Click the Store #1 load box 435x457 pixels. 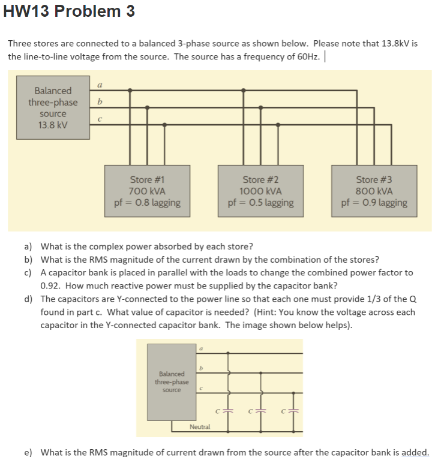point(147,190)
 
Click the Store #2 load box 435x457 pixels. point(260,190)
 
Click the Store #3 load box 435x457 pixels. point(374,190)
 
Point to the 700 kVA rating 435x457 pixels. point(147,191)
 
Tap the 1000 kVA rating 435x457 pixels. point(260,191)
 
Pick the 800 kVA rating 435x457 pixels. point(374,191)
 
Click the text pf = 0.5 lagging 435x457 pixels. point(260,203)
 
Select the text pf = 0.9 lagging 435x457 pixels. point(374,203)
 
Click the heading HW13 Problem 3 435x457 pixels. point(69,11)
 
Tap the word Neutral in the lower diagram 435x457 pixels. point(200,426)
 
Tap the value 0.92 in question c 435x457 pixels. point(50,285)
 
